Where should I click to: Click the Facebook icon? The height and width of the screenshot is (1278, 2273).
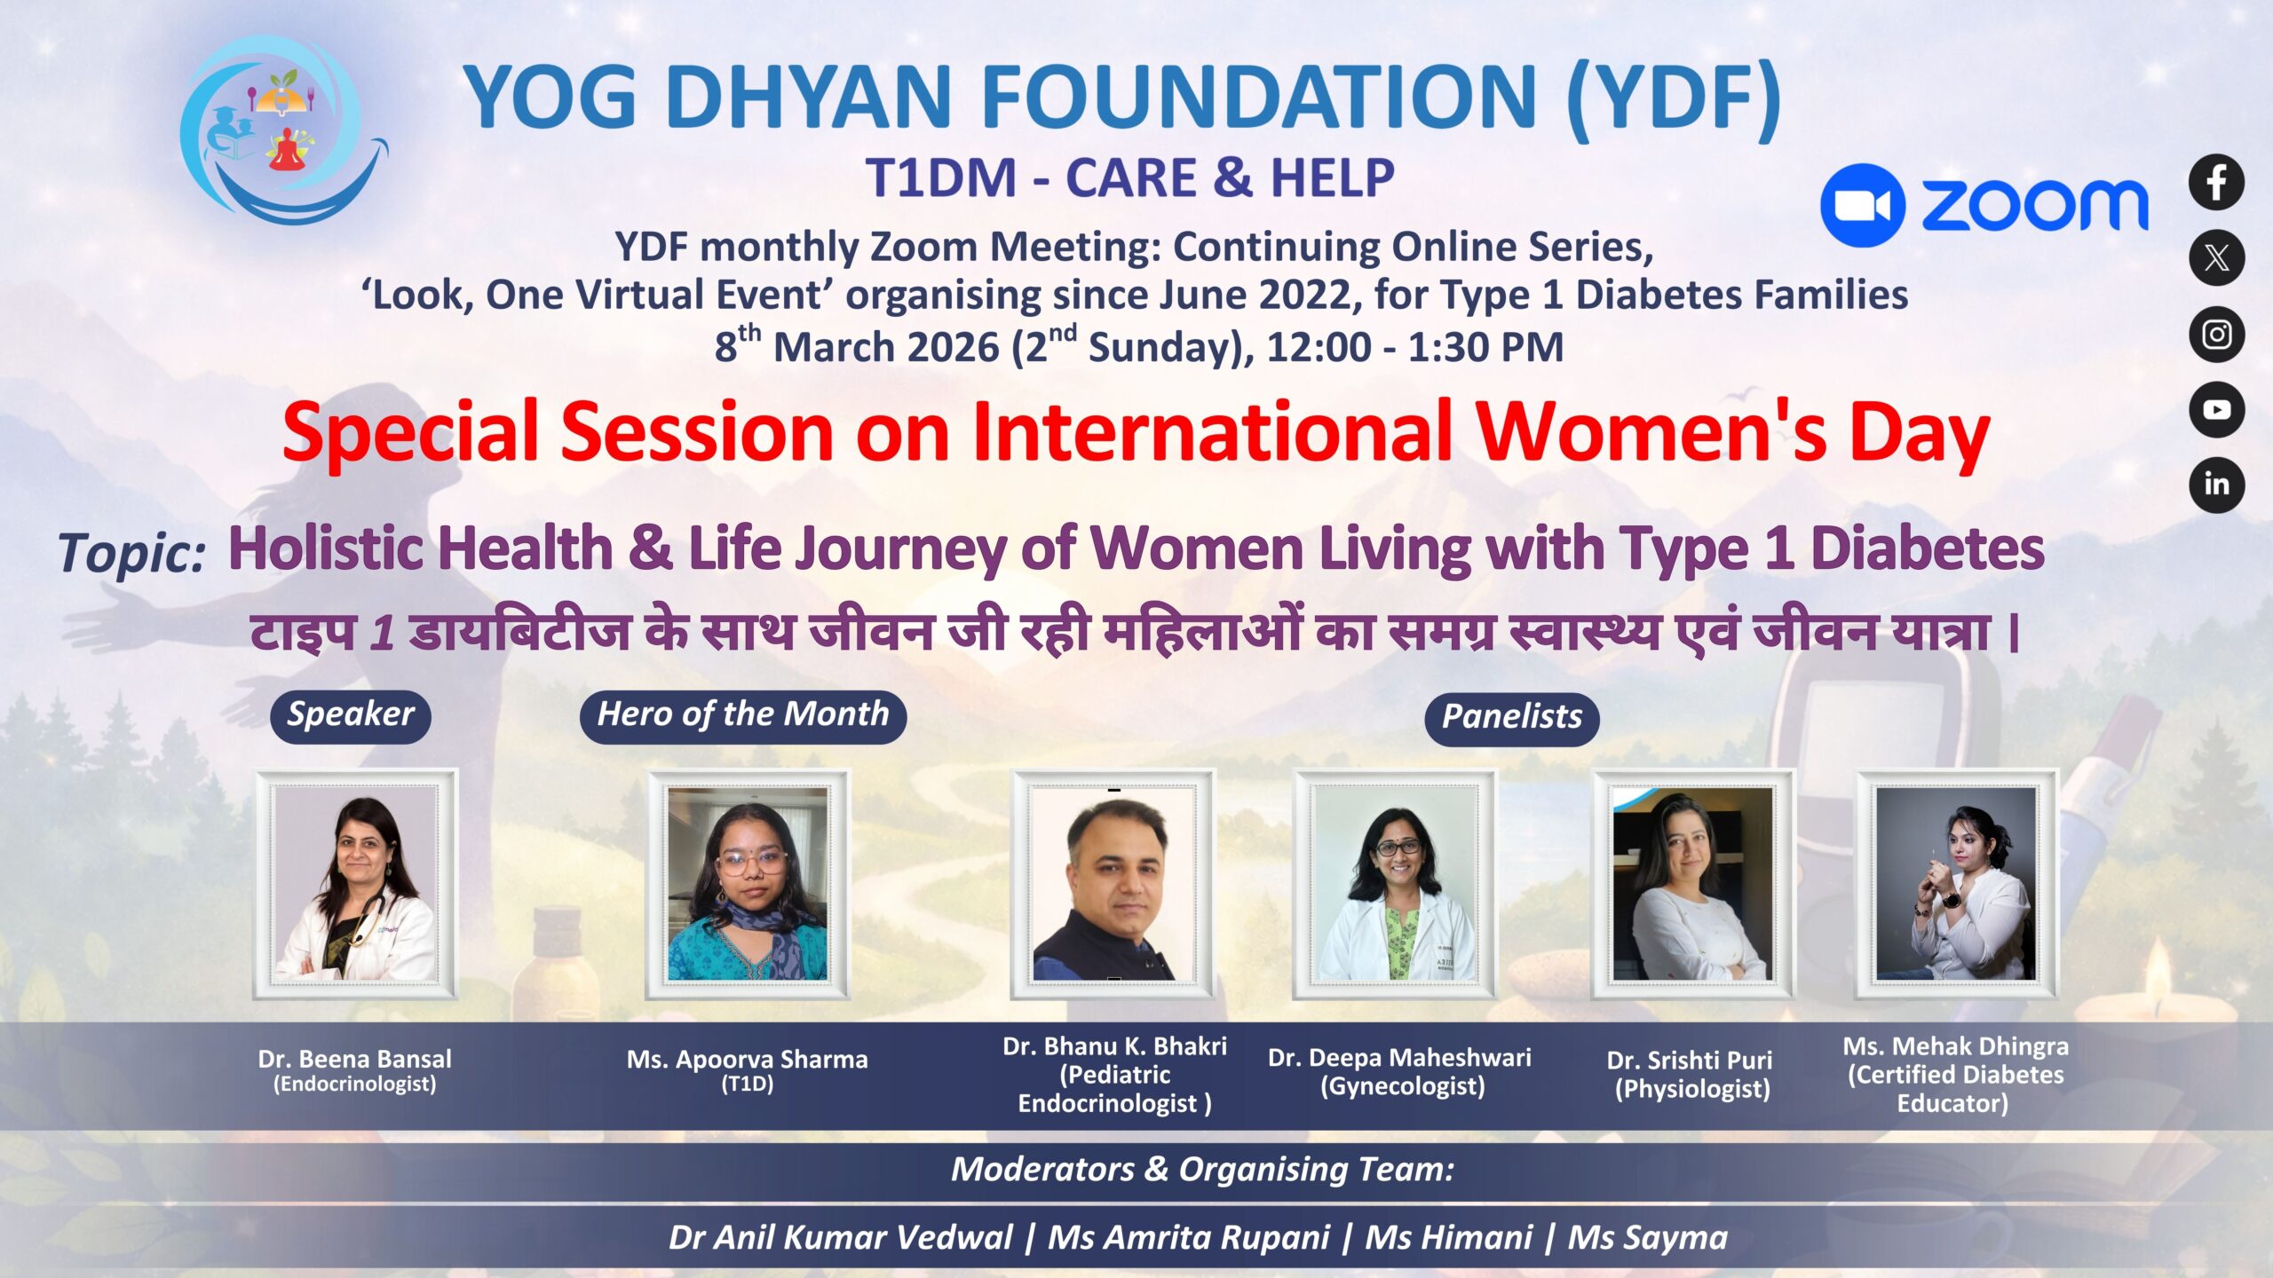(2216, 183)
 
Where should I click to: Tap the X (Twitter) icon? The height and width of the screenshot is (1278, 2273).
(2216, 258)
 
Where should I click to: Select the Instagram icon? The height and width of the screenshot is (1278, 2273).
(2216, 335)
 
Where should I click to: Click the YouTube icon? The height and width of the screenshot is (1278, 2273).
(2216, 410)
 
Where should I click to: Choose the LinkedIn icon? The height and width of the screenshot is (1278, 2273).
(2216, 485)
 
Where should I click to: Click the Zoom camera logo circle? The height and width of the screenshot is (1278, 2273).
(1862, 205)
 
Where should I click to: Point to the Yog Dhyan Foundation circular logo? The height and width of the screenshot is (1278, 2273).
(282, 130)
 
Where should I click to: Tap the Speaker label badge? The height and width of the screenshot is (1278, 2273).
(351, 715)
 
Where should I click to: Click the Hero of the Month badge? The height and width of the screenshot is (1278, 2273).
(743, 715)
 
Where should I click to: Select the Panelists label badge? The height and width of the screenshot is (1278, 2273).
(1512, 718)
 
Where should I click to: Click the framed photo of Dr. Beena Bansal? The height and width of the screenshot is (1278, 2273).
(355, 884)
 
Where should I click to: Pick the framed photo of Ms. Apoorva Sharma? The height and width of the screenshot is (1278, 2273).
(748, 884)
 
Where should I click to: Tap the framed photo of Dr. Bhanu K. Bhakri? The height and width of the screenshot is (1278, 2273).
(1113, 884)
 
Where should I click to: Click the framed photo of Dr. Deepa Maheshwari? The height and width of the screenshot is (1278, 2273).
(1395, 884)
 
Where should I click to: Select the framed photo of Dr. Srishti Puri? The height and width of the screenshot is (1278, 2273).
(1692, 884)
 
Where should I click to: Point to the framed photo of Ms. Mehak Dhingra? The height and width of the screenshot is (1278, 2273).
(1956, 884)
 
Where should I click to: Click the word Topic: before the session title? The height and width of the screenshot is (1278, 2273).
(132, 554)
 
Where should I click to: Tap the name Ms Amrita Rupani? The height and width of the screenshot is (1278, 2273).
(1189, 1237)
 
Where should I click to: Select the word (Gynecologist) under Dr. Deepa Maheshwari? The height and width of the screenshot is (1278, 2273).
(1402, 1086)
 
